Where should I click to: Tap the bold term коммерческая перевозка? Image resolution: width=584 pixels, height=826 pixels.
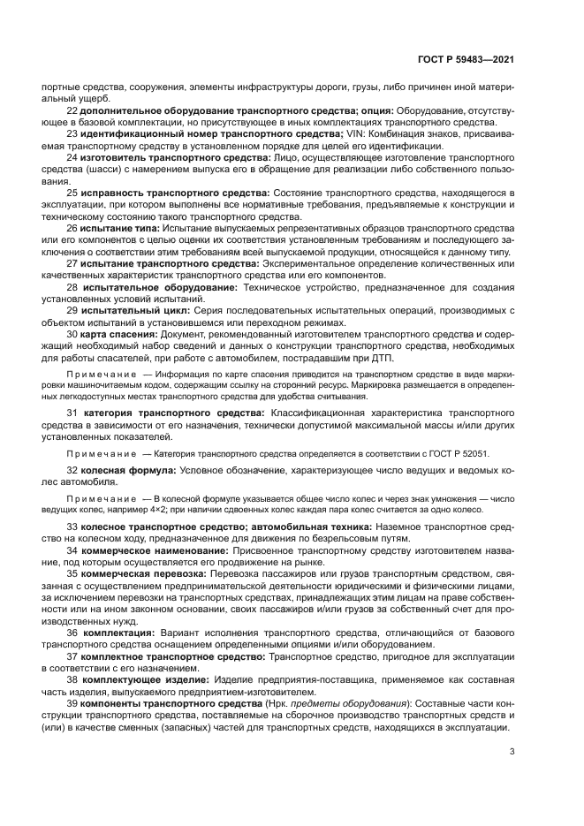pyautogui.click(x=136, y=572)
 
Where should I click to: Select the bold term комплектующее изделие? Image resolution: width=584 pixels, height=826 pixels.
pyautogui.click(x=145, y=679)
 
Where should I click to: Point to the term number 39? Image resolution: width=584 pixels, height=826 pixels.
pyautogui.click(x=72, y=702)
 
